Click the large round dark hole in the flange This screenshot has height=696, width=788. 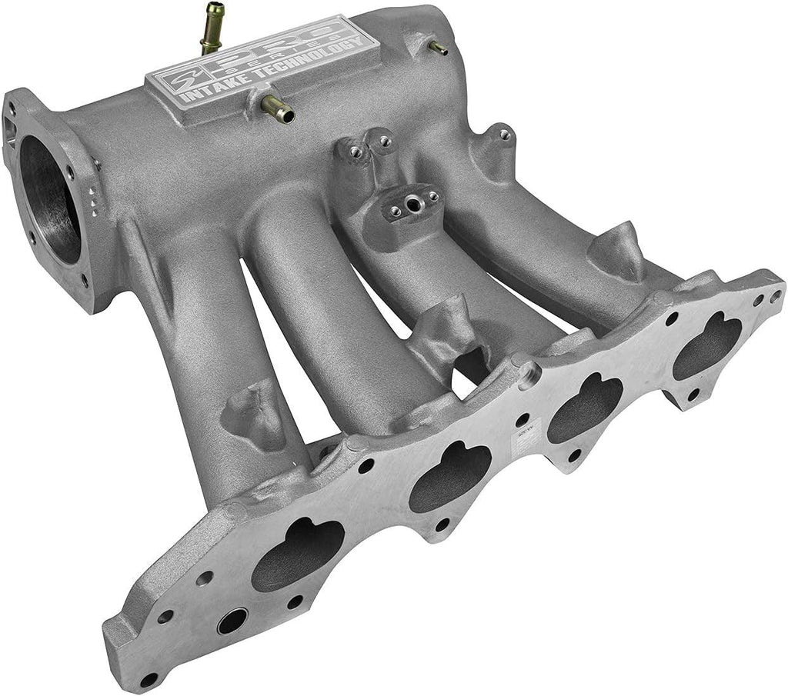pos(232,621)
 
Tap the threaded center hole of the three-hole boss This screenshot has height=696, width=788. pos(412,205)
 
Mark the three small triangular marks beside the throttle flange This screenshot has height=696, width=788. pos(92,197)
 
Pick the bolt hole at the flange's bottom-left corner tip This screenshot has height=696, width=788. pos(148,679)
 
